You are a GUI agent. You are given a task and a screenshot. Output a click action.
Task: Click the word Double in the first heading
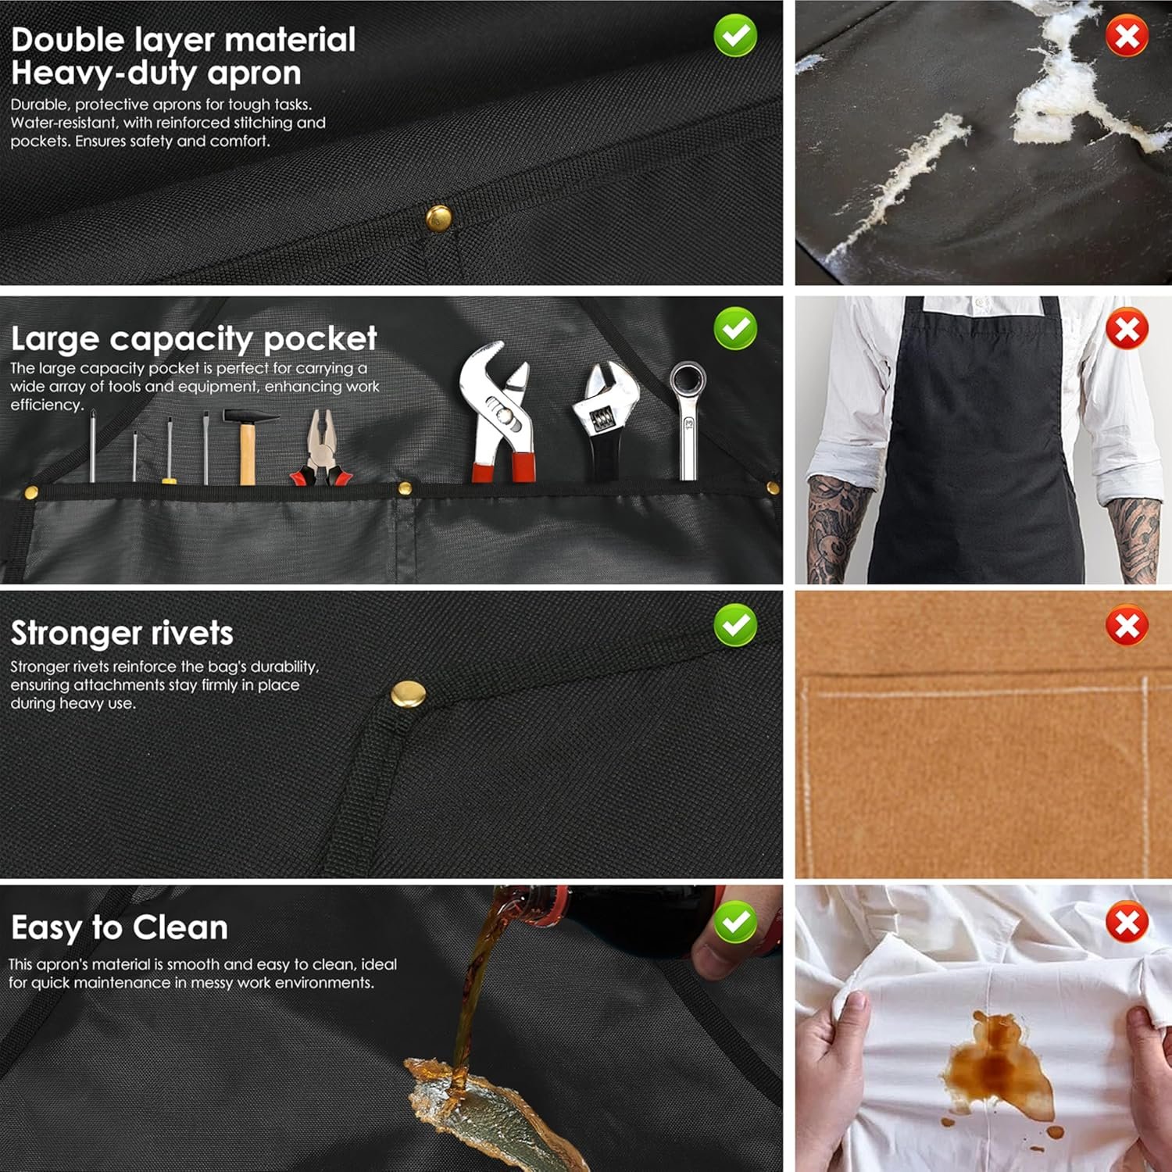(68, 40)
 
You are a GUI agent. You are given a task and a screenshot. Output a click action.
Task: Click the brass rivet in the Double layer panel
(438, 218)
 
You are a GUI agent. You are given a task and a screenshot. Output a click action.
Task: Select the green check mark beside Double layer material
(735, 35)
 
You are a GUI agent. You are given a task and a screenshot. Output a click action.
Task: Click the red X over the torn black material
(1127, 35)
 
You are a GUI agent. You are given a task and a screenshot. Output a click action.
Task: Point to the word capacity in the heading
(181, 339)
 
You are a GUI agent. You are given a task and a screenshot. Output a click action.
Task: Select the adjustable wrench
(602, 420)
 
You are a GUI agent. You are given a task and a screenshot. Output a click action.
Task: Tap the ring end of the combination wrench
(688, 380)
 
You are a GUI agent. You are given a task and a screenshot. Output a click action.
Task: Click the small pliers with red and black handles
(320, 448)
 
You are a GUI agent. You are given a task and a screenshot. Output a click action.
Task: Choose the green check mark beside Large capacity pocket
(735, 329)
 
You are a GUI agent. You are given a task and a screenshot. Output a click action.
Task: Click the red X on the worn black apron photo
(1127, 329)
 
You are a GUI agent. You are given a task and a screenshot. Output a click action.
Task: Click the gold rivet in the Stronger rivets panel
(408, 694)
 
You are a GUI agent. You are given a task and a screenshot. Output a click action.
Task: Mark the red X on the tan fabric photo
(1127, 625)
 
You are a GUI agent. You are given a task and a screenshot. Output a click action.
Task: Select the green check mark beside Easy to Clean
(735, 922)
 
